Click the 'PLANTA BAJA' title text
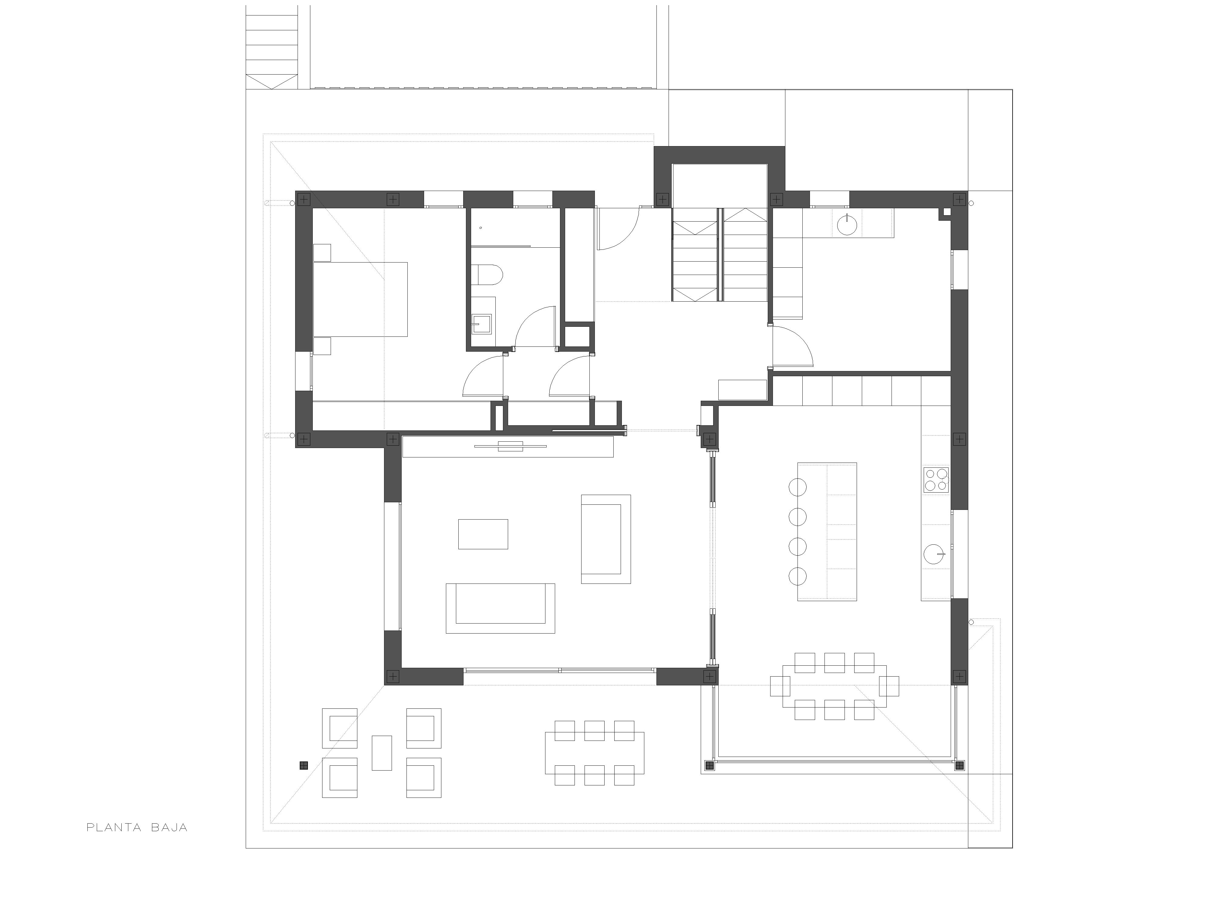tap(137, 827)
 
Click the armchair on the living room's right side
tap(606, 539)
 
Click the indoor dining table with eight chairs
tap(834, 686)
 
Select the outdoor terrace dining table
tap(594, 753)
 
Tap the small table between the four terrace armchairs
tap(382, 753)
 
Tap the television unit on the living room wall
tap(508, 447)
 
